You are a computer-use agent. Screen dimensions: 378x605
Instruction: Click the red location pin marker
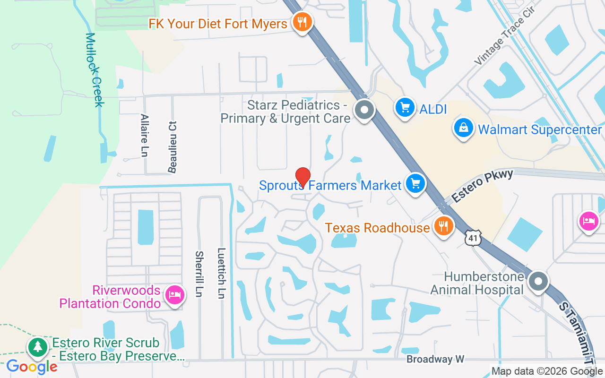(302, 177)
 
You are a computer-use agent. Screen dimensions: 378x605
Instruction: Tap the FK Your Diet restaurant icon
(301, 22)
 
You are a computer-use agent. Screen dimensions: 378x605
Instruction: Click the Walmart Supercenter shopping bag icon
(464, 128)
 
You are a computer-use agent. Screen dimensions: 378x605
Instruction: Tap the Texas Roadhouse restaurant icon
(443, 226)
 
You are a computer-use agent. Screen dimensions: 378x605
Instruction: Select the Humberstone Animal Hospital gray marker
(537, 282)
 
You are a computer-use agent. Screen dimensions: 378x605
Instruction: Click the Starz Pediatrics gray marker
(364, 110)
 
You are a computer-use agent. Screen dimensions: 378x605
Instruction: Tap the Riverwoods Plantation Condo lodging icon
(175, 294)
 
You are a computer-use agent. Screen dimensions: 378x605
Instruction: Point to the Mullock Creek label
(94, 69)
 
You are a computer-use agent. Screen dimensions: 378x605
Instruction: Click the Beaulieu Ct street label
(173, 146)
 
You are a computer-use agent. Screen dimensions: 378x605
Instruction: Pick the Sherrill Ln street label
(199, 274)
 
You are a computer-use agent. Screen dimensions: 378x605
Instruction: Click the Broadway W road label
(436, 360)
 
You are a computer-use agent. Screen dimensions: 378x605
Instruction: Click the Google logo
(32, 366)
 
